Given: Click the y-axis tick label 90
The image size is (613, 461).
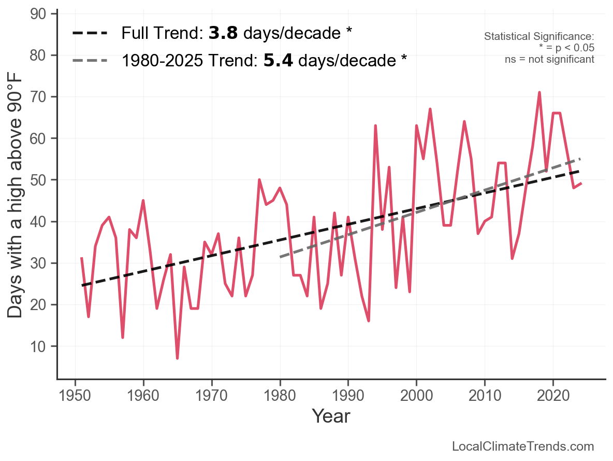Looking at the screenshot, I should tap(43, 14).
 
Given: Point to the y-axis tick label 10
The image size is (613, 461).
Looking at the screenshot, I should tap(43, 346).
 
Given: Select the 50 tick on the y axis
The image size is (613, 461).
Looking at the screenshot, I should tap(43, 180).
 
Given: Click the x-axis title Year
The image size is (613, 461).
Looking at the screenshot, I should tap(331, 416).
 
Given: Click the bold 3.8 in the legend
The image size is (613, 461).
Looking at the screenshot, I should tap(223, 33).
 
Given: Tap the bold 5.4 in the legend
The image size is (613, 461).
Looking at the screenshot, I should tap(278, 61).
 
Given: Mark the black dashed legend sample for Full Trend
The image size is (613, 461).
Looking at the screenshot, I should tap(90, 33).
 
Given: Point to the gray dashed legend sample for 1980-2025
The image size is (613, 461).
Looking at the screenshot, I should tap(90, 61).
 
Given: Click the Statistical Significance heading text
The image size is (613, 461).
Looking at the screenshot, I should tap(538, 37).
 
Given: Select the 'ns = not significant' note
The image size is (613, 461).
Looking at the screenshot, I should tap(549, 59).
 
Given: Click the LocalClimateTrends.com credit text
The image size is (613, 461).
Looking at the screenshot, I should tap(523, 446).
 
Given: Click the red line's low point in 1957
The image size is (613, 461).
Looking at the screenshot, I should tap(123, 338).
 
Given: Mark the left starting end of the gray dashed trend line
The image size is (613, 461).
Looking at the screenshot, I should tap(280, 257).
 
